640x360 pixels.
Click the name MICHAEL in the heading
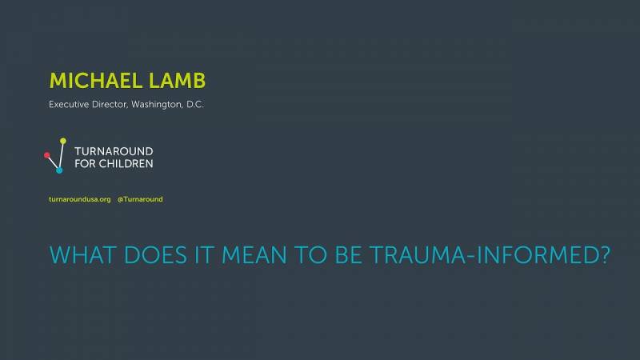(96, 81)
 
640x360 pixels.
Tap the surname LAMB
(177, 81)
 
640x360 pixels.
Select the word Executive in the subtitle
(69, 105)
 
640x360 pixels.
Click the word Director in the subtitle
(110, 105)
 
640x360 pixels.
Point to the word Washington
(157, 105)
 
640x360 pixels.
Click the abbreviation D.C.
(195, 105)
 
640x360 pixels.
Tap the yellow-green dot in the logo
(63, 141)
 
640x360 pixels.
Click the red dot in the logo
(47, 155)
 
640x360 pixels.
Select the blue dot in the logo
(59, 170)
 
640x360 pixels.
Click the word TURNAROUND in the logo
(114, 151)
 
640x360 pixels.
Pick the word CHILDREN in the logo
(126, 164)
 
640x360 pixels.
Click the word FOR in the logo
(85, 164)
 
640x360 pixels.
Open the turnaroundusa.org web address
(80, 199)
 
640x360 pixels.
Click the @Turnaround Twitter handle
(140, 199)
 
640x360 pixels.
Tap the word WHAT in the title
(83, 255)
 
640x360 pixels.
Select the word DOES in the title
(155, 255)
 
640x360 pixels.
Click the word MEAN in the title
(254, 255)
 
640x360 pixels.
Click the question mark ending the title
(605, 255)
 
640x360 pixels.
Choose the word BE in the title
(348, 255)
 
